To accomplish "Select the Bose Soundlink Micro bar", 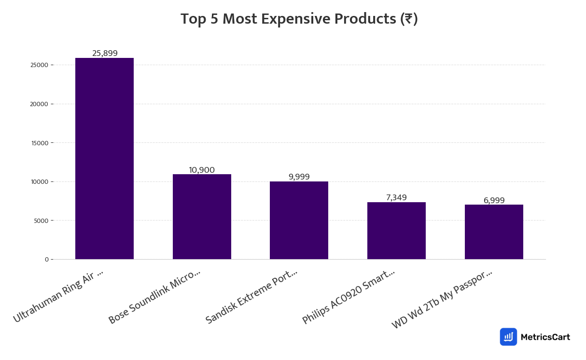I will click(x=202, y=217).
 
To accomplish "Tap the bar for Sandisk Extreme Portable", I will click(x=299, y=220).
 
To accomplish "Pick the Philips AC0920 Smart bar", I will click(x=396, y=231).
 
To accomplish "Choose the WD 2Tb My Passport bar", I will click(x=494, y=232).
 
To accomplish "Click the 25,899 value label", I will click(x=105, y=53).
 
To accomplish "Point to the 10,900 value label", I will click(x=202, y=170).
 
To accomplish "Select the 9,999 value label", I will click(x=299, y=177).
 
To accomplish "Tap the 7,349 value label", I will click(x=396, y=197).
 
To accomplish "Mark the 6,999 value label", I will click(x=494, y=200).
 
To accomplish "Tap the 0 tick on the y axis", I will click(x=46, y=260).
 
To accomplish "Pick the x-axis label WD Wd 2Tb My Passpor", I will click(x=442, y=299).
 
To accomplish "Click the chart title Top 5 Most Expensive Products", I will click(x=299, y=19).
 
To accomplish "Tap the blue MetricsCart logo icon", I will click(x=508, y=337).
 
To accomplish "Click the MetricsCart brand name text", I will click(x=545, y=337).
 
